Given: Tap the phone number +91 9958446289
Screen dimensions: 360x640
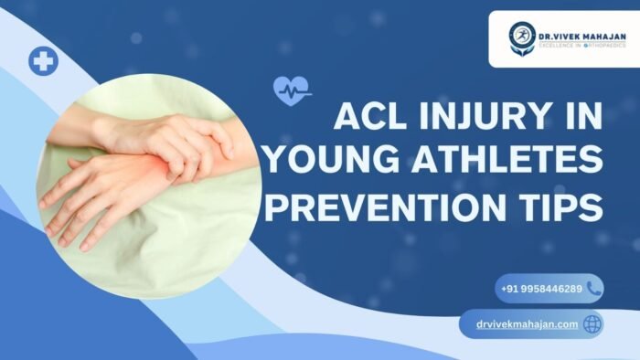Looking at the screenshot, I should pos(540,289).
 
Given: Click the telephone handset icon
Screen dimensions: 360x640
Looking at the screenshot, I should pos(593,289).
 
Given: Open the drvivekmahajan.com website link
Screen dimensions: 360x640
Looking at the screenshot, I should pos(528,323).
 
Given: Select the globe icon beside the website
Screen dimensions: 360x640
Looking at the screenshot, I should pos(592,323).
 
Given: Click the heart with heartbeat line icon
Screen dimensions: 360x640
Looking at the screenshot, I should pos(289,90).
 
